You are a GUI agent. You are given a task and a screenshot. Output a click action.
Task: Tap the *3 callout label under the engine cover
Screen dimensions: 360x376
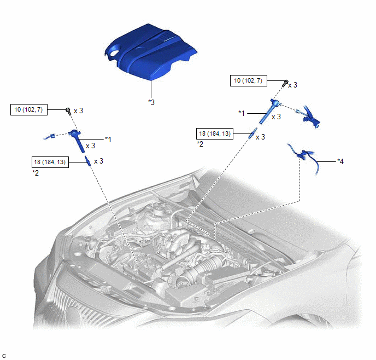point(151,102)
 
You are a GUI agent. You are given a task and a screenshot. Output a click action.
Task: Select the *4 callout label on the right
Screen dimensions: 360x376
point(341,161)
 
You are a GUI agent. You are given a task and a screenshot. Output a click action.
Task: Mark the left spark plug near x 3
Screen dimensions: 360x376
point(87,161)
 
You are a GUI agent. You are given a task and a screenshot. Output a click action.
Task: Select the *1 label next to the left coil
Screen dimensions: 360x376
point(108,140)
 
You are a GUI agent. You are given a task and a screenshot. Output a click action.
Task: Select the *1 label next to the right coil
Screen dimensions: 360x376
point(242,113)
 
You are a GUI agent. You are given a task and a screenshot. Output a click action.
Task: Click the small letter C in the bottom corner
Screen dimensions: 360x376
point(4,355)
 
